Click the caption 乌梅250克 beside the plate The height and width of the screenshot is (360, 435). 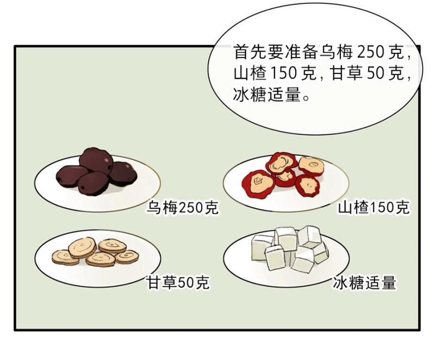tap(182, 207)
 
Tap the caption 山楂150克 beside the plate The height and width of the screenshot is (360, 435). tap(374, 207)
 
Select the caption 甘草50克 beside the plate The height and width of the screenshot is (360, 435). tap(178, 283)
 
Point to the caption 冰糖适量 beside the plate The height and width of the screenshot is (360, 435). tap(364, 283)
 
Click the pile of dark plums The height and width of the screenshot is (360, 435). tap(96, 172)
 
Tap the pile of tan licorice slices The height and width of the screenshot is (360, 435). tap(95, 252)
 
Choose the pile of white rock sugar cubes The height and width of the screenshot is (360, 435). tap(289, 249)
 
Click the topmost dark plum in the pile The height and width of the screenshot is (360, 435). tap(96, 160)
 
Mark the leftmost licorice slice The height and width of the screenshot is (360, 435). tap(65, 258)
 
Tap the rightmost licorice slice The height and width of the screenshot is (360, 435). tap(127, 257)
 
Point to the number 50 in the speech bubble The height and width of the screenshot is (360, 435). tap(375, 73)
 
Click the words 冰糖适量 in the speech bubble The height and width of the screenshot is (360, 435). tap(267, 95)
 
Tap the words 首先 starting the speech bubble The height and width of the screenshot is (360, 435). tap(250, 52)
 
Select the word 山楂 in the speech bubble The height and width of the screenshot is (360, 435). tap(250, 73)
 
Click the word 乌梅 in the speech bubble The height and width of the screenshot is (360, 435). tap(335, 52)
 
